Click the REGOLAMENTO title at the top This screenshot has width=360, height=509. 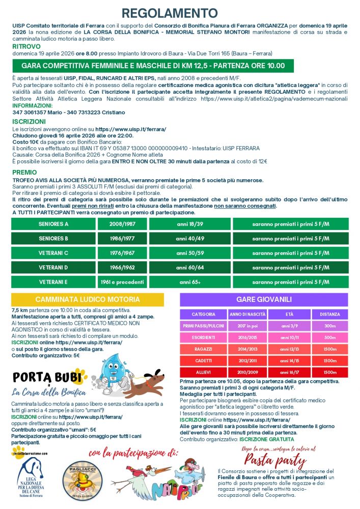pyautogui.click(x=180, y=13)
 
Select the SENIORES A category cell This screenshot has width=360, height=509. pyautogui.click(x=53, y=224)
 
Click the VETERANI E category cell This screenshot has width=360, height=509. pyautogui.click(x=53, y=281)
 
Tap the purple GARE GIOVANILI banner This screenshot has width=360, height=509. pyautogui.click(x=264, y=300)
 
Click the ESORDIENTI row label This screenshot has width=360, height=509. pyautogui.click(x=203, y=337)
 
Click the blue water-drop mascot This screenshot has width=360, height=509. pyautogui.click(x=109, y=374)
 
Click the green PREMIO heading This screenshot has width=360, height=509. pyautogui.click(x=24, y=172)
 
